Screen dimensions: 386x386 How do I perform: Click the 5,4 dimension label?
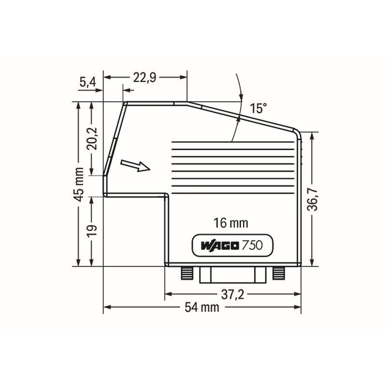(88, 82)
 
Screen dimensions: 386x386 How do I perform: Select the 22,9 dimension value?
(144, 78)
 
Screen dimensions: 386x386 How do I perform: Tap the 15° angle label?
(258, 108)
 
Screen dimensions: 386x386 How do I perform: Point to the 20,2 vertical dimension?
(92, 138)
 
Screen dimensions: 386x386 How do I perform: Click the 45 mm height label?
(79, 184)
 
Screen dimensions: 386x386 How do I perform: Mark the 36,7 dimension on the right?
(312, 199)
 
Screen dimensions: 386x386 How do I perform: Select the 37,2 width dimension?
(233, 294)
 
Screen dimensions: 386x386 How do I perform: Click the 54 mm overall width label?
(202, 307)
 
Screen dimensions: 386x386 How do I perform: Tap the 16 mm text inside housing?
(231, 223)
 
